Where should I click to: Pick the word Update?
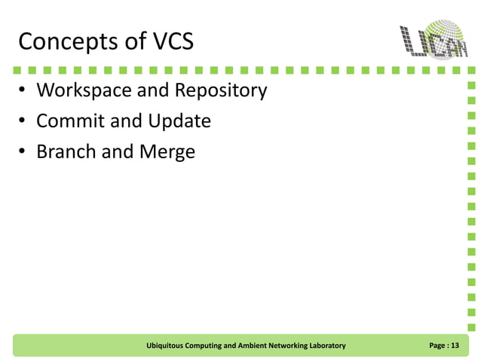(x=179, y=121)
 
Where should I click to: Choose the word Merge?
(x=167, y=151)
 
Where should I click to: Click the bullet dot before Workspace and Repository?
(x=23, y=92)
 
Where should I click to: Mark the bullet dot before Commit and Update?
(x=23, y=122)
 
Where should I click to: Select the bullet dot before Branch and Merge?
(x=23, y=152)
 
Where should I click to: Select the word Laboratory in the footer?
(x=325, y=346)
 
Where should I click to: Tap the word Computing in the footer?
(x=211, y=346)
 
